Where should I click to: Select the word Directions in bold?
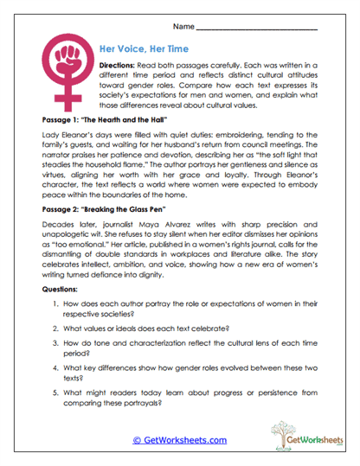coord(117,66)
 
